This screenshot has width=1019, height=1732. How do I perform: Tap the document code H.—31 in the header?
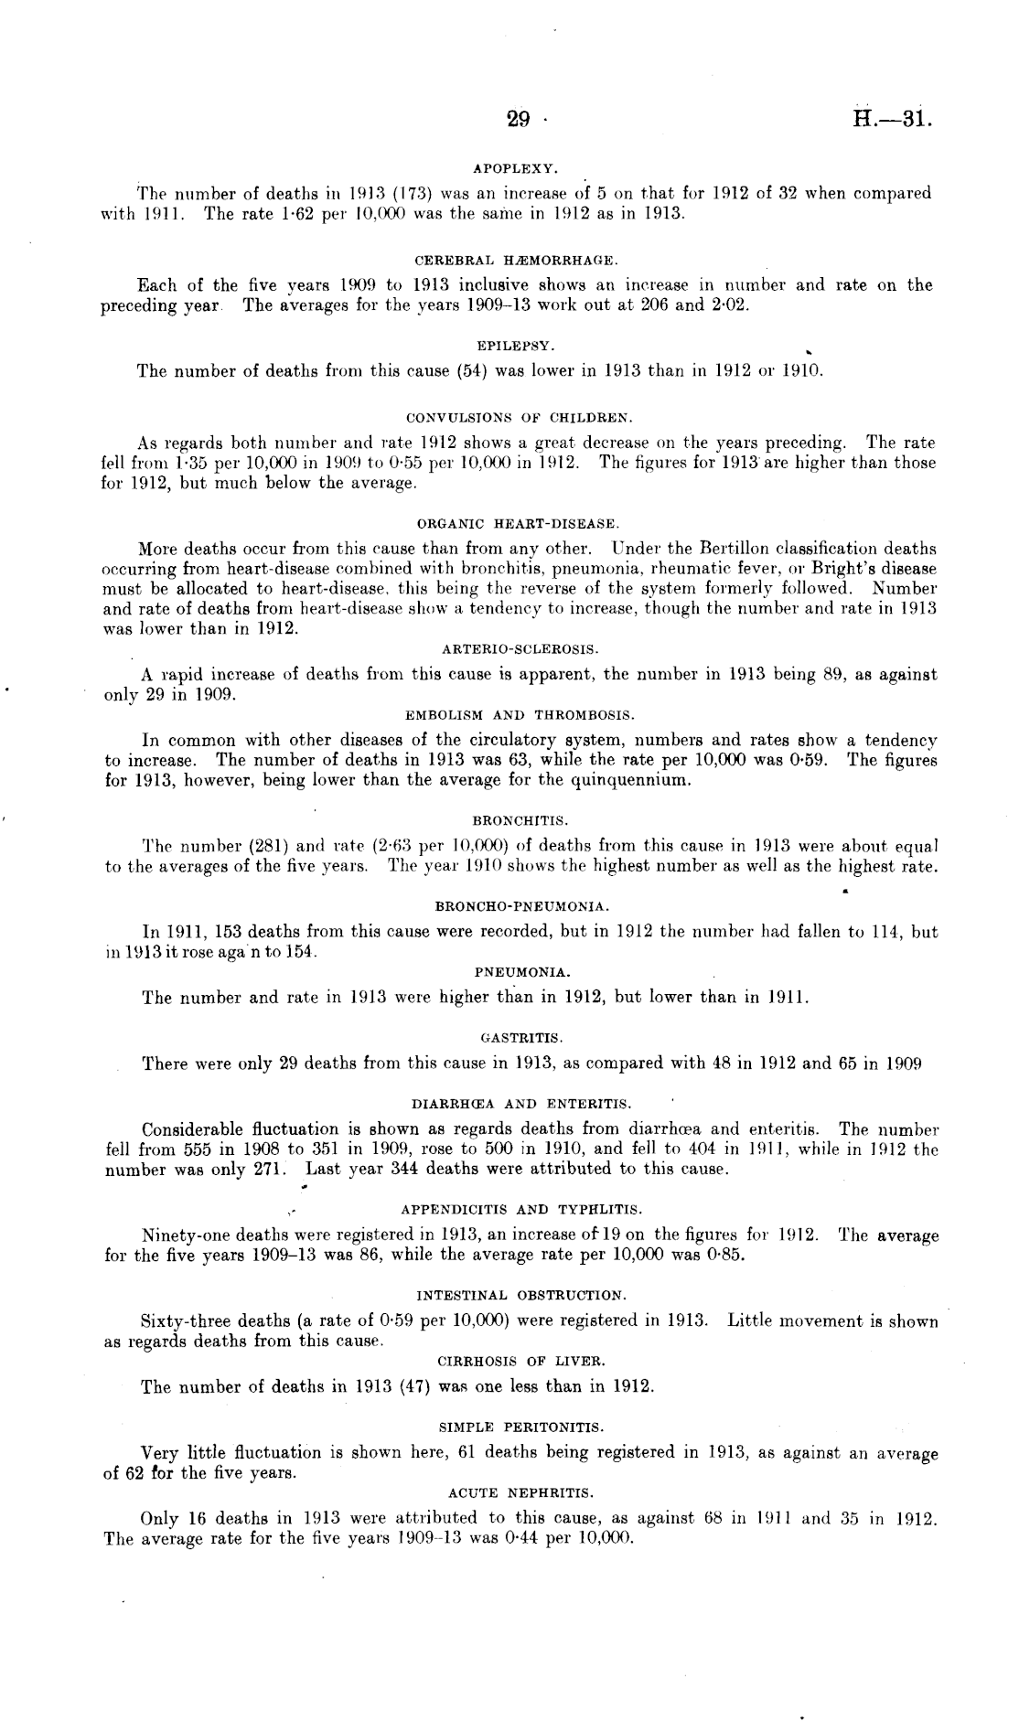click(891, 120)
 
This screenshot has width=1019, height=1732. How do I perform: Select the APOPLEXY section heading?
click(515, 169)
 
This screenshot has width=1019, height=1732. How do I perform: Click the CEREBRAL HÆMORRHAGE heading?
click(516, 262)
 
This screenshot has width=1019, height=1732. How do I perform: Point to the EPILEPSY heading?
click(516, 347)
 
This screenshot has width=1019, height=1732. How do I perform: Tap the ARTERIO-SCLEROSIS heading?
click(520, 649)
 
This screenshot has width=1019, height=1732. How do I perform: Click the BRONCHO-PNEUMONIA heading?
click(521, 906)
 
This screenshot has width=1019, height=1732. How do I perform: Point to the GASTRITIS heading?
click(521, 1038)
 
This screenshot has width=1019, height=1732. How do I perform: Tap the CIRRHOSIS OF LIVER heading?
click(521, 1361)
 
